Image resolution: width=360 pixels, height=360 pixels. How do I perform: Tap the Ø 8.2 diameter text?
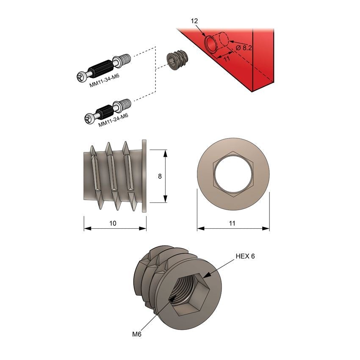pos(244,48)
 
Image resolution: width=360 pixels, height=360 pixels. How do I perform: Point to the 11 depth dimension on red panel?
pos(227,59)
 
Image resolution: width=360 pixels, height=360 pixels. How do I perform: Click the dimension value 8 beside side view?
pos(160,176)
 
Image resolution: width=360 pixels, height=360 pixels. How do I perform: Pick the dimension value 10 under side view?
pos(113,223)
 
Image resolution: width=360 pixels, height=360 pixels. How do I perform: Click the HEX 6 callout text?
pos(245,256)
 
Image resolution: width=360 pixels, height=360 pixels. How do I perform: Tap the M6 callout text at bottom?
pos(136,334)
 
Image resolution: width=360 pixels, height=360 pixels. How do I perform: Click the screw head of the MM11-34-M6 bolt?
pos(83,77)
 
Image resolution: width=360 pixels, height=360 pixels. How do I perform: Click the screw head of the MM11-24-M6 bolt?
pos(90,119)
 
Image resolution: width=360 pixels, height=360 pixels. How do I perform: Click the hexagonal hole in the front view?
pos(233,174)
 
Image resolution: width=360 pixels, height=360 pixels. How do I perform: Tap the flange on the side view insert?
pos(144,176)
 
